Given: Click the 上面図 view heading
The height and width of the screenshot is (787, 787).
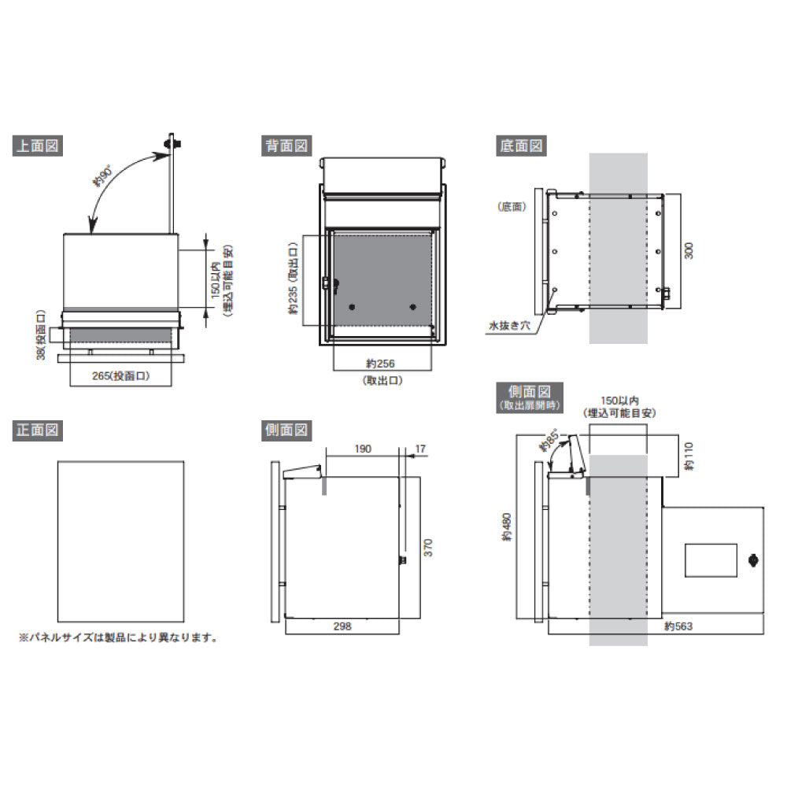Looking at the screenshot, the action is click(x=38, y=146).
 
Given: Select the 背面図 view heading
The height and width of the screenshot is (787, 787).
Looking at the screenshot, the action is click(x=286, y=146).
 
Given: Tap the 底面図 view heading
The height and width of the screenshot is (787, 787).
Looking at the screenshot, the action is click(x=521, y=146).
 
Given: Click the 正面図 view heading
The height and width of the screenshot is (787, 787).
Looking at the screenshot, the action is click(x=38, y=430).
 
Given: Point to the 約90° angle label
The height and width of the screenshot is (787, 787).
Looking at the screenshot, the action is click(x=103, y=176).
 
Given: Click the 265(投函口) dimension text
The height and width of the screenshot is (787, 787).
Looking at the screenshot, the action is click(x=120, y=375).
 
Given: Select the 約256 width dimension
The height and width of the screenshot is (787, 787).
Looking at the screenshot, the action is click(x=380, y=363).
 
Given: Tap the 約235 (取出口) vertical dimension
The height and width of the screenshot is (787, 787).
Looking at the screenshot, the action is click(x=294, y=279).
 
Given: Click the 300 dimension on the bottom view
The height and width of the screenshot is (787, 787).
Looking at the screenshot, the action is click(x=689, y=250).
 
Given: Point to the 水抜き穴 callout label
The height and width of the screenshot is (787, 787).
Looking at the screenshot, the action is click(x=509, y=326).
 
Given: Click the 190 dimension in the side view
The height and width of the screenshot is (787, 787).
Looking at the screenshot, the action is click(x=362, y=449).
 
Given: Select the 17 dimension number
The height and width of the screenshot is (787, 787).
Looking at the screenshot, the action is click(x=420, y=449).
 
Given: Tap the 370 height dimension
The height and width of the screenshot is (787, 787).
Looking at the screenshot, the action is click(x=427, y=547).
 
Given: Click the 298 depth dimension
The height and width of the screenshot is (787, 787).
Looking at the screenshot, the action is click(x=342, y=626).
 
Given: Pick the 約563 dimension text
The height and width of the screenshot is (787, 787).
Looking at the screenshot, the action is click(x=678, y=626).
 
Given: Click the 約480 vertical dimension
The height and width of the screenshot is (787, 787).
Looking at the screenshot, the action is click(x=507, y=527).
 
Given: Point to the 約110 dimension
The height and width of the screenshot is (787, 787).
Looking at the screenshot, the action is click(x=689, y=456).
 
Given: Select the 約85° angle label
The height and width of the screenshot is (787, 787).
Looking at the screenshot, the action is click(x=549, y=440).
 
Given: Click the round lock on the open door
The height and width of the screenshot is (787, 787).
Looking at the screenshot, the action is click(x=753, y=560).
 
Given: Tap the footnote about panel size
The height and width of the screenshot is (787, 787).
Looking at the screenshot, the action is click(x=118, y=637).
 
